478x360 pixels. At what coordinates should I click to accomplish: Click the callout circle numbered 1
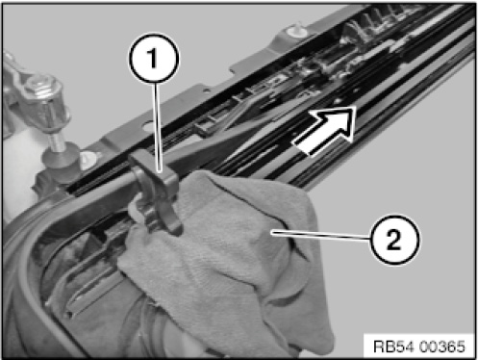[154, 59]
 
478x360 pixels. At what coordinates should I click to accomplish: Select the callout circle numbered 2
[394, 240]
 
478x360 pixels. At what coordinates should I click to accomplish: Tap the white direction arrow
[325, 131]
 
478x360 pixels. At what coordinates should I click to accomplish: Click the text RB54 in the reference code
[393, 347]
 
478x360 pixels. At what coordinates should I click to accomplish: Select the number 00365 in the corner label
[440, 347]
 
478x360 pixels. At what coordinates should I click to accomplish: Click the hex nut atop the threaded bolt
[41, 86]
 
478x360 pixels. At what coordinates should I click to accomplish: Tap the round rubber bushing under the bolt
[60, 158]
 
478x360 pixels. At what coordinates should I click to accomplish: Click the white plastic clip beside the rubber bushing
[88, 160]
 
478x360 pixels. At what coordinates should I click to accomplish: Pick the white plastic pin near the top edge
[295, 30]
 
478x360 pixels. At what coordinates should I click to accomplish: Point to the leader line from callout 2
[321, 235]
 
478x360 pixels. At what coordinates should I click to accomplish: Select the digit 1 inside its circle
[153, 58]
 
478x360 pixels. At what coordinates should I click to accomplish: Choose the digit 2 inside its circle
[394, 240]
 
